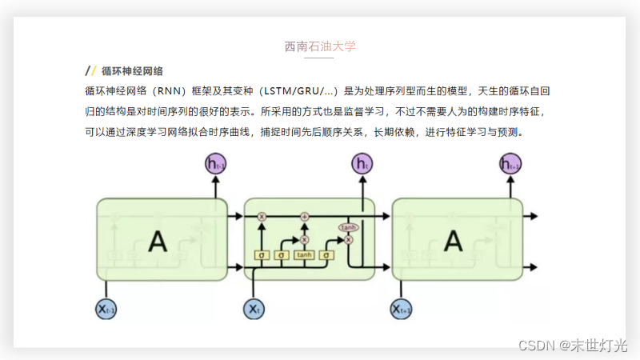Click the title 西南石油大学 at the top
(320, 46)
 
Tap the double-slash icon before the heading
(91, 70)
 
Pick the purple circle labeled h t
(362, 165)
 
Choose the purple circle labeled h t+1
(510, 165)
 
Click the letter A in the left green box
(158, 241)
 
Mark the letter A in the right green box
(454, 241)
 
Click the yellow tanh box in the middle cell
(304, 255)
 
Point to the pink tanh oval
(348, 227)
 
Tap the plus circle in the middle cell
(304, 216)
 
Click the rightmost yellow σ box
(326, 255)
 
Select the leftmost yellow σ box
(262, 255)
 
